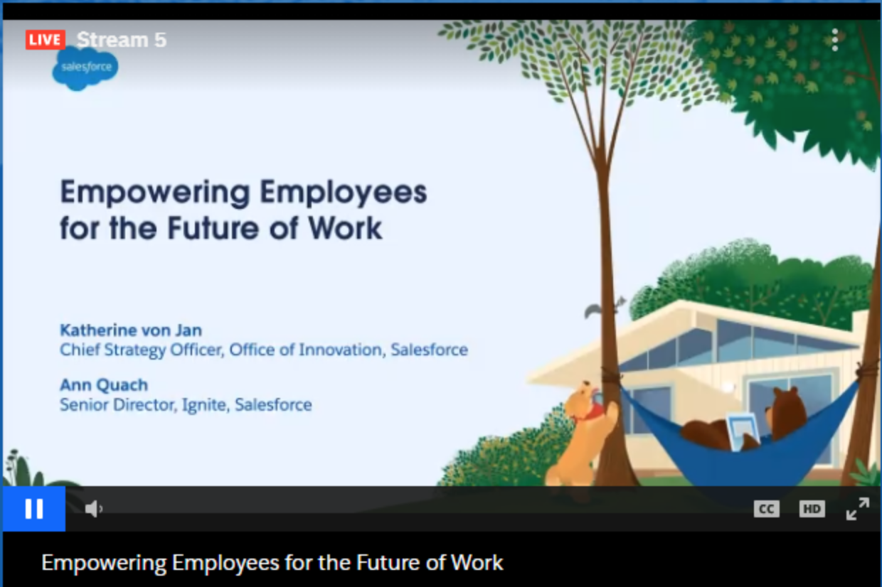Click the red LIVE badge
[46, 40]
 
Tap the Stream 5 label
[122, 40]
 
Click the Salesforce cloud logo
[85, 68]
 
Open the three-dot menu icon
[835, 40]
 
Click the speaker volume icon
[94, 509]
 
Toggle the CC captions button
[766, 509]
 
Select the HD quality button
[812, 509]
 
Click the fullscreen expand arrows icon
[858, 509]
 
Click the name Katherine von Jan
[131, 330]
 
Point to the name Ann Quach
[104, 384]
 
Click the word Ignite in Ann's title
[206, 405]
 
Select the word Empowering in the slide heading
[155, 193]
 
